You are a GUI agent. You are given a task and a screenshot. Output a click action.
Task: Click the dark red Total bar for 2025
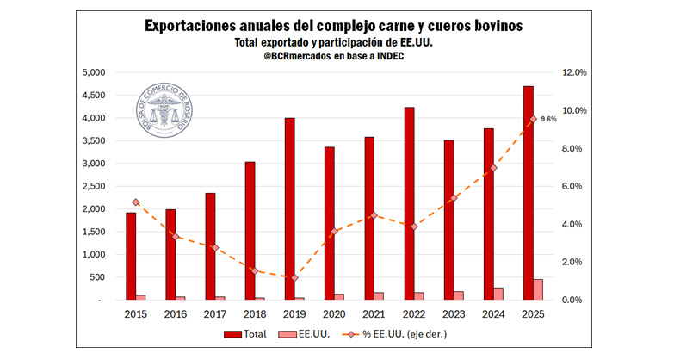tap(529, 194)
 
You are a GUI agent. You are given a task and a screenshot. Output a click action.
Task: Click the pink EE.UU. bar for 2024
tap(498, 294)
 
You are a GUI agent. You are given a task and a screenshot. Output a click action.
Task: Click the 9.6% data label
tap(548, 120)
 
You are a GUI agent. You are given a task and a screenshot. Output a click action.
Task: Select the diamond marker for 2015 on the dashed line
tap(136, 202)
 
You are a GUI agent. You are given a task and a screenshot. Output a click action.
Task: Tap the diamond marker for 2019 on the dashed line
tap(295, 278)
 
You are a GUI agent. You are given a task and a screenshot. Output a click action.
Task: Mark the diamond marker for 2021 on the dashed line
tap(374, 215)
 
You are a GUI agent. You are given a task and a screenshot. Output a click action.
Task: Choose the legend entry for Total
tap(245, 334)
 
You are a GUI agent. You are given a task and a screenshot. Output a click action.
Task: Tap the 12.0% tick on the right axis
tap(574, 72)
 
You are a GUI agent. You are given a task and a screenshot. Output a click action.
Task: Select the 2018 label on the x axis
tap(255, 315)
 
